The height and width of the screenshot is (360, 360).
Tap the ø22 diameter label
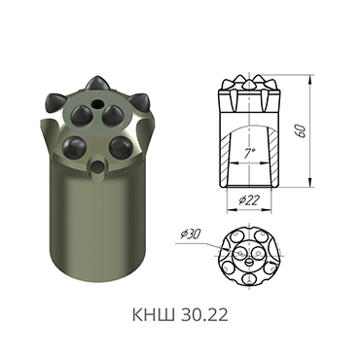250,200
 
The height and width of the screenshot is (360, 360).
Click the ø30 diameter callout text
191,234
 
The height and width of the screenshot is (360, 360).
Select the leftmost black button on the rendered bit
53,101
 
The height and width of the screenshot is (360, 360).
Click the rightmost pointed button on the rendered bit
144,102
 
